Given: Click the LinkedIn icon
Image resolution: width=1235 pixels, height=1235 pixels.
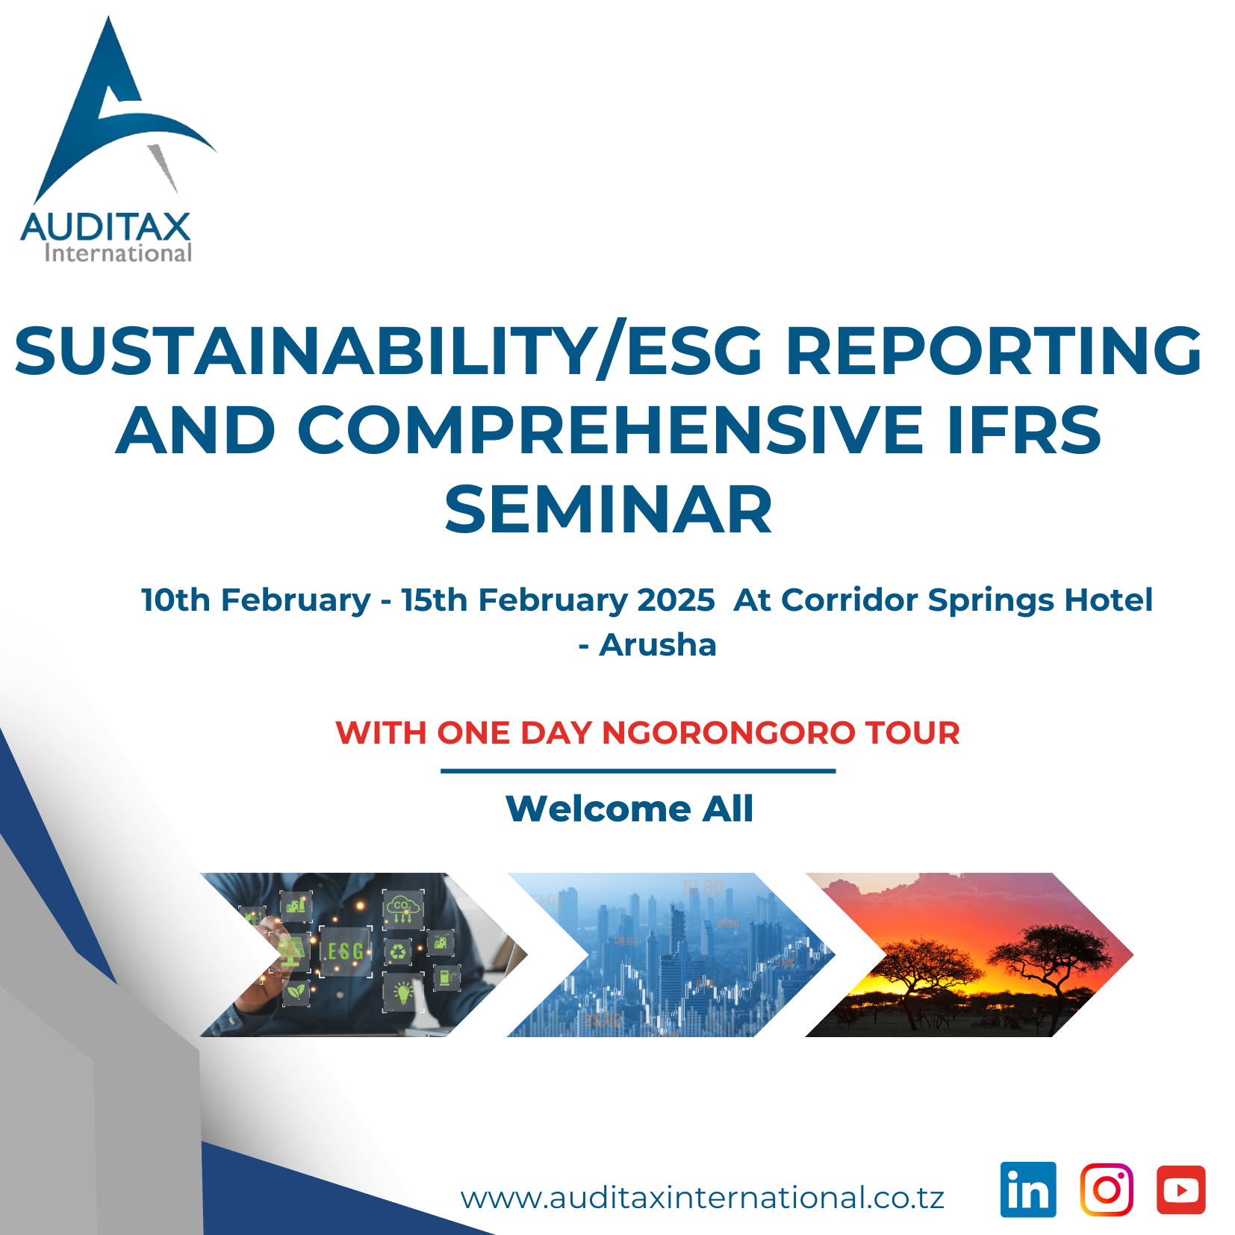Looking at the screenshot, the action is pyautogui.click(x=1028, y=1189).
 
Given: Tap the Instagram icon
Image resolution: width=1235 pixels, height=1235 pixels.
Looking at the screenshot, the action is pyautogui.click(x=1107, y=1189).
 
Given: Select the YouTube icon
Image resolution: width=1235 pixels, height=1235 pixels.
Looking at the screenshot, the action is pyautogui.click(x=1181, y=1189).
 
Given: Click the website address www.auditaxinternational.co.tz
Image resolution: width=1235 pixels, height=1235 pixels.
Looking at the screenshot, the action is pyautogui.click(x=703, y=1198).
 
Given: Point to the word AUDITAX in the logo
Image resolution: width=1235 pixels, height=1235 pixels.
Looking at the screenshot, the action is pyautogui.click(x=106, y=227).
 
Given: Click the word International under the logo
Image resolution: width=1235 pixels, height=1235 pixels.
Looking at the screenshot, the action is pyautogui.click(x=118, y=253).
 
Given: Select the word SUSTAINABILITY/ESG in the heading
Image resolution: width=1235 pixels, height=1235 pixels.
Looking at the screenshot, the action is pyautogui.click(x=388, y=351).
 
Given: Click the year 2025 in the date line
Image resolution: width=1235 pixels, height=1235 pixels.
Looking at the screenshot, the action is pyautogui.click(x=676, y=600).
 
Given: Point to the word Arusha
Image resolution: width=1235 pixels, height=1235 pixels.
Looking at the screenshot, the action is pyautogui.click(x=658, y=644).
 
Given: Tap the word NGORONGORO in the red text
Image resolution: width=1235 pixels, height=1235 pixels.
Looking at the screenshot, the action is pyautogui.click(x=729, y=732).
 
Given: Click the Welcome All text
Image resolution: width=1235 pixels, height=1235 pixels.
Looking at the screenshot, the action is pyautogui.click(x=629, y=809).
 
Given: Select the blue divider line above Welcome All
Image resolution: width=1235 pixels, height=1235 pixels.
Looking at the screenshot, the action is pyautogui.click(x=638, y=771).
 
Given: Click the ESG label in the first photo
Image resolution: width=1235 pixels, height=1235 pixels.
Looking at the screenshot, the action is pyautogui.click(x=346, y=951).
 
